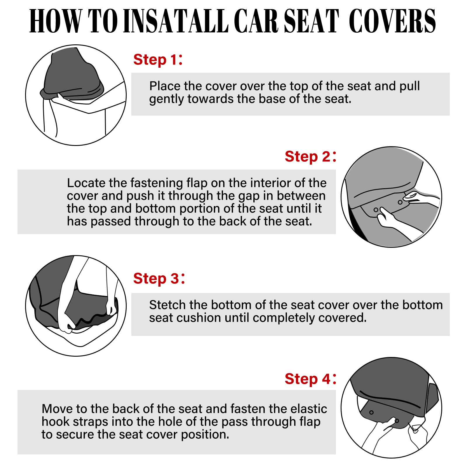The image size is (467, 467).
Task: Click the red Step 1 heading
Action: (x=158, y=60)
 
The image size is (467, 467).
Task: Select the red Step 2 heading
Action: (x=310, y=157)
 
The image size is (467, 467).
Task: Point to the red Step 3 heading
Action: (x=159, y=278)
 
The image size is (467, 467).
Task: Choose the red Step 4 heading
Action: (x=310, y=379)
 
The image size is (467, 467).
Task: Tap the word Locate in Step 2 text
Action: (x=86, y=183)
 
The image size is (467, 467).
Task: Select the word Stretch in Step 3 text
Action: (x=168, y=305)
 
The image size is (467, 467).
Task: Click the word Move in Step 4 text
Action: (x=57, y=409)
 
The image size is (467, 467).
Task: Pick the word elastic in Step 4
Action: (x=310, y=409)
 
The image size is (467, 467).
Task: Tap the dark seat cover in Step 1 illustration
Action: (x=73, y=76)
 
